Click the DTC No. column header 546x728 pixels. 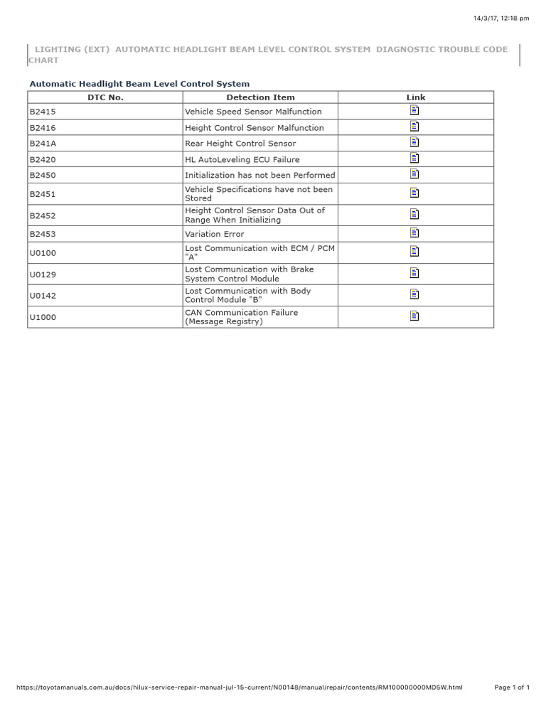[x=105, y=97]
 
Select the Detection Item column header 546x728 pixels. [x=260, y=97]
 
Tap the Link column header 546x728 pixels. [x=416, y=97]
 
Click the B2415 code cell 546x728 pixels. [x=43, y=112]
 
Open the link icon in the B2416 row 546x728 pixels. [x=415, y=127]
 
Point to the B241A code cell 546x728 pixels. [x=43, y=144]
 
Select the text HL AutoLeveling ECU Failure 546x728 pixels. [x=242, y=160]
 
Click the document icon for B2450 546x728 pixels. [x=415, y=174]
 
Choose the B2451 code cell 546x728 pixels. [x=43, y=193]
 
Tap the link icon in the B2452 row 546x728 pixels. [x=415, y=214]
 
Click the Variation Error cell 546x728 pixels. [x=214, y=234]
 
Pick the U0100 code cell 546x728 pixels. [x=43, y=252]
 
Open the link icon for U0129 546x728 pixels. [x=415, y=273]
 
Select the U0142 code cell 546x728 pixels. [x=43, y=295]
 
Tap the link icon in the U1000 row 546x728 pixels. [x=415, y=316]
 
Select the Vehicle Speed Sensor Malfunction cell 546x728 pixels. [x=253, y=112]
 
